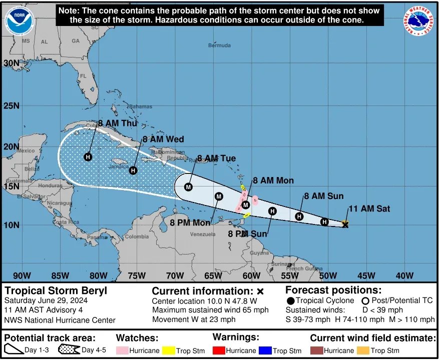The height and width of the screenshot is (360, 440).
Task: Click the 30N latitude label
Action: (x=12, y=63)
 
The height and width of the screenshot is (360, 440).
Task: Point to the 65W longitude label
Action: (x=213, y=275)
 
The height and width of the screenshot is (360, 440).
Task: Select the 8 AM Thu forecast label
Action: (x=117, y=123)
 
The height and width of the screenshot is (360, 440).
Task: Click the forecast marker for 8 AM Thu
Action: (x=88, y=157)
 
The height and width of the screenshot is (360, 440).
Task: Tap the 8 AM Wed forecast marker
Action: (x=133, y=170)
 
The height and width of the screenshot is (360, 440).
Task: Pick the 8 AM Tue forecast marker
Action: (x=188, y=187)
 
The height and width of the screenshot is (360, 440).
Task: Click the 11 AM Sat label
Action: (x=369, y=208)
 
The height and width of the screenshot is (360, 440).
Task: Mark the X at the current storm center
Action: (x=345, y=225)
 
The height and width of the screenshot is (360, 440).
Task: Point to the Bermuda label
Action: (x=219, y=45)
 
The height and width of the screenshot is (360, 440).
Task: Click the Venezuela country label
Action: (x=202, y=233)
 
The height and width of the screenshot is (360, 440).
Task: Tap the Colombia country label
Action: (x=137, y=236)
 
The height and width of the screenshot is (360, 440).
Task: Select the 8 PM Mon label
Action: (x=190, y=222)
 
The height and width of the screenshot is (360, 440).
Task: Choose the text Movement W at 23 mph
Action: (x=193, y=319)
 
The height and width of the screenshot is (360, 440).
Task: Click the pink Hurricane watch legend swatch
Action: (x=122, y=350)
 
